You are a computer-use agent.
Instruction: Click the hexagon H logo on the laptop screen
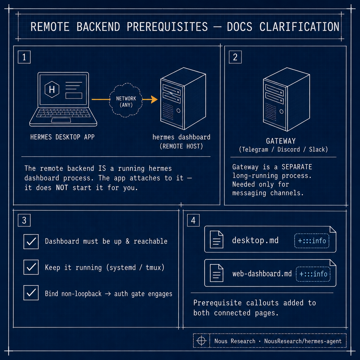pyautogui.click(x=52, y=89)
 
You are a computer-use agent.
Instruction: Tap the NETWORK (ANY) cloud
pyautogui.click(x=126, y=100)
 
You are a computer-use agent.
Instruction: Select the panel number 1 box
pyautogui.click(x=24, y=57)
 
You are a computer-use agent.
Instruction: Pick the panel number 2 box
pyautogui.click(x=235, y=57)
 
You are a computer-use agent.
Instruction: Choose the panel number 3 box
pyautogui.click(x=24, y=220)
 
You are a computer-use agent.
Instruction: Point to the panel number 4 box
pyautogui.click(x=193, y=220)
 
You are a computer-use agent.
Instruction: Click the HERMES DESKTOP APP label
pyautogui.click(x=63, y=137)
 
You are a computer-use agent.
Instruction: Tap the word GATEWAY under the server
pyautogui.click(x=281, y=141)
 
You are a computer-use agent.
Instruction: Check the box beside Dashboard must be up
pyautogui.click(x=31, y=242)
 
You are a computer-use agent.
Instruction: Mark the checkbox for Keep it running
pyautogui.click(x=31, y=267)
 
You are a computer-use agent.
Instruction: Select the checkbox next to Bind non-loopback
pyautogui.click(x=31, y=293)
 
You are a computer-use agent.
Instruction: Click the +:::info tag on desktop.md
pyautogui.click(x=312, y=240)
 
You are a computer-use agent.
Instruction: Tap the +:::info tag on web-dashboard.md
pyautogui.click(x=313, y=274)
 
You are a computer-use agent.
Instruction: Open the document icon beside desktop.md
pyautogui.click(x=217, y=239)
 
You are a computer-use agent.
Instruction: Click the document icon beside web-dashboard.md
pyautogui.click(x=217, y=273)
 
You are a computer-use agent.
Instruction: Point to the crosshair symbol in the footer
pyautogui.click(x=201, y=341)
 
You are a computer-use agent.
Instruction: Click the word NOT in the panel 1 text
pyautogui.click(x=62, y=188)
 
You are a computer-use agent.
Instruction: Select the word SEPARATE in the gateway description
pyautogui.click(x=297, y=167)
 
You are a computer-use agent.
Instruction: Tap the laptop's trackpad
pyautogui.click(x=61, y=120)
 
